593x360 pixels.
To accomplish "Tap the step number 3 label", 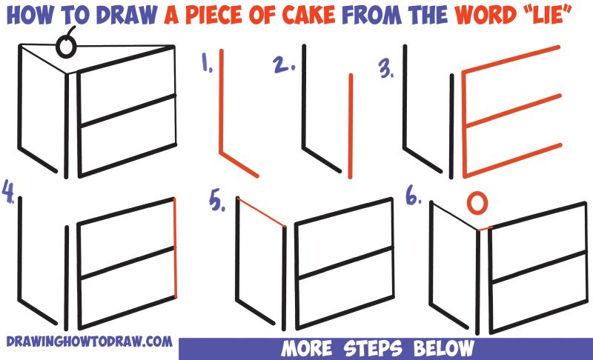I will (x=386, y=70).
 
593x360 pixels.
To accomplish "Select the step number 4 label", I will (x=8, y=190).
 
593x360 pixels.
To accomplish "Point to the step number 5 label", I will (x=217, y=202).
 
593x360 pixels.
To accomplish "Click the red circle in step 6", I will (x=480, y=202).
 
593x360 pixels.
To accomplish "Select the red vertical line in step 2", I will (x=349, y=126).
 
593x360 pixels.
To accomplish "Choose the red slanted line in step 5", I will (x=261, y=213).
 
